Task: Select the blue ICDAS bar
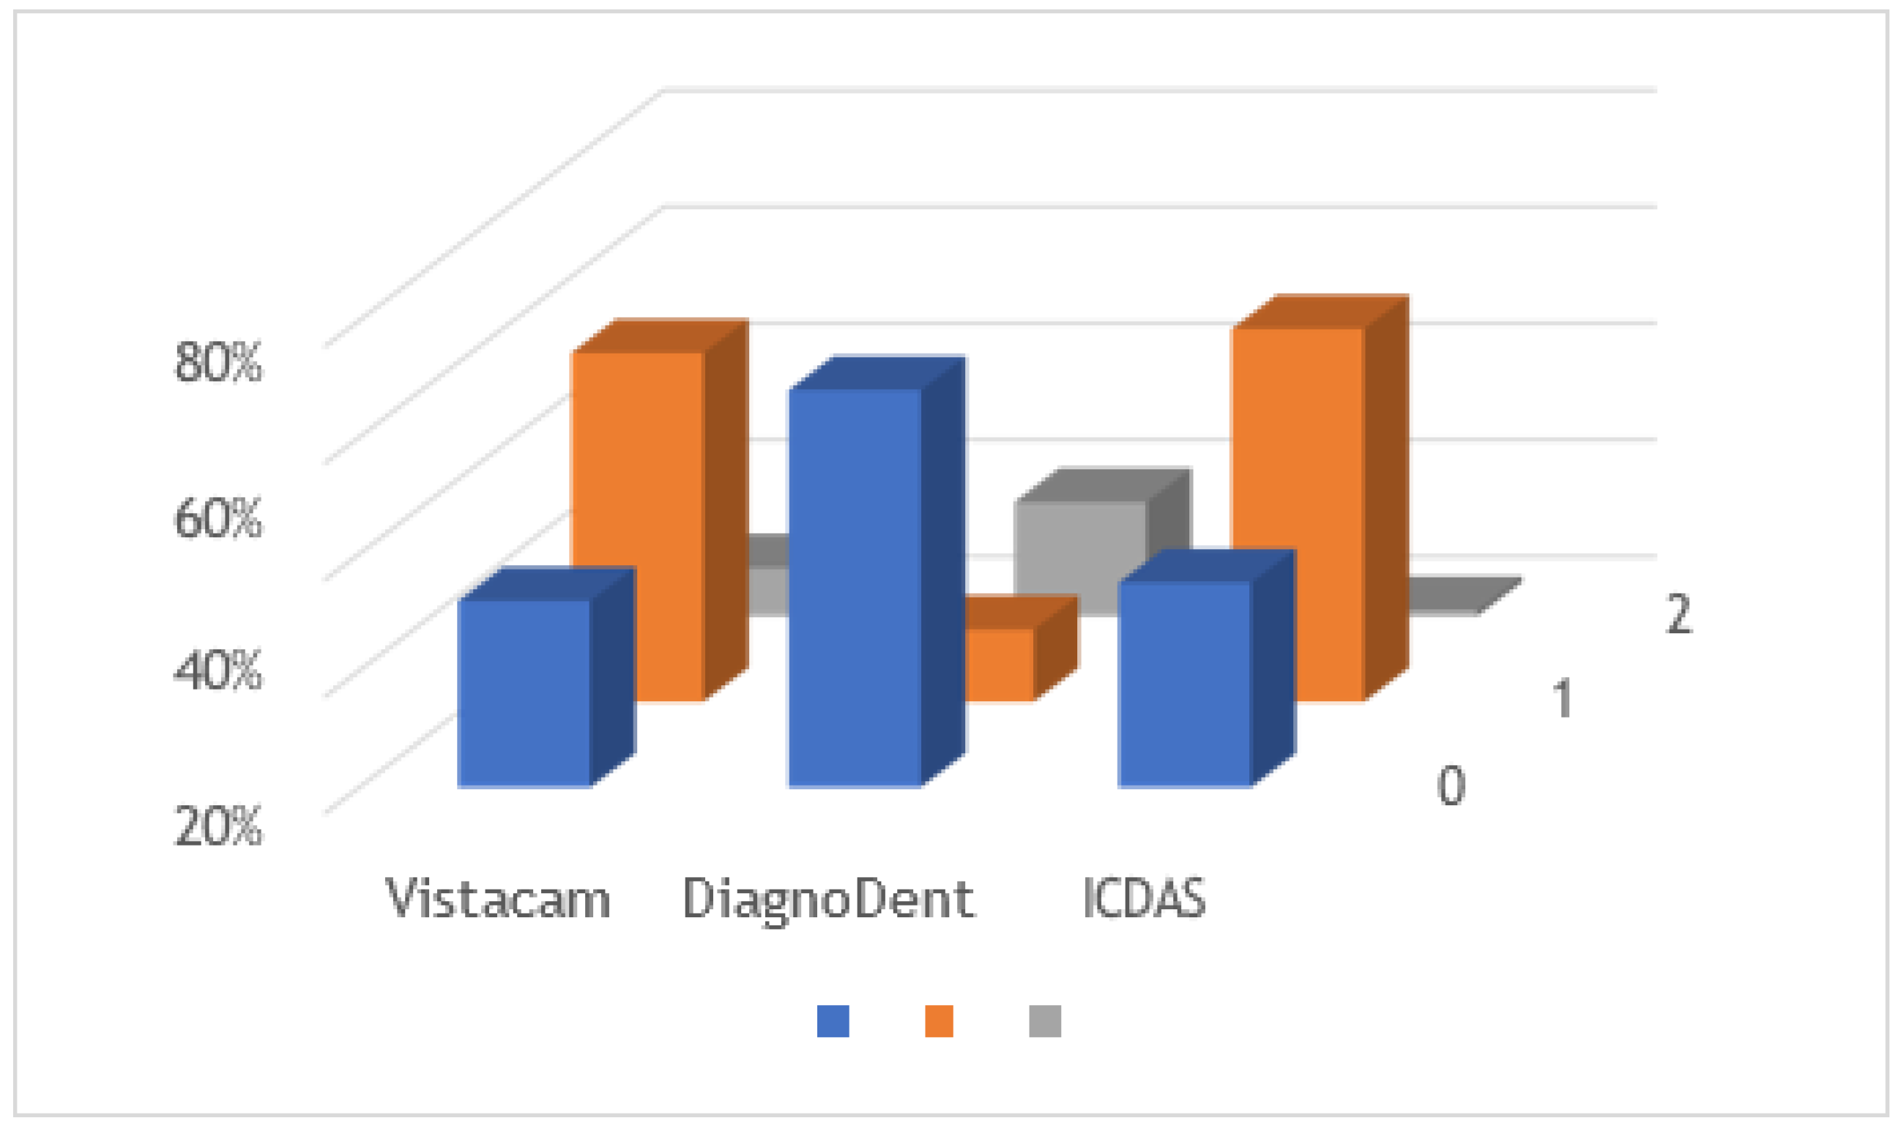click(x=1184, y=683)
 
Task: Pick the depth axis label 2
click(x=1678, y=613)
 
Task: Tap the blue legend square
click(x=833, y=1021)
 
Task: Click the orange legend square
click(x=939, y=1021)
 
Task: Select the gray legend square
click(x=1044, y=1021)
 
